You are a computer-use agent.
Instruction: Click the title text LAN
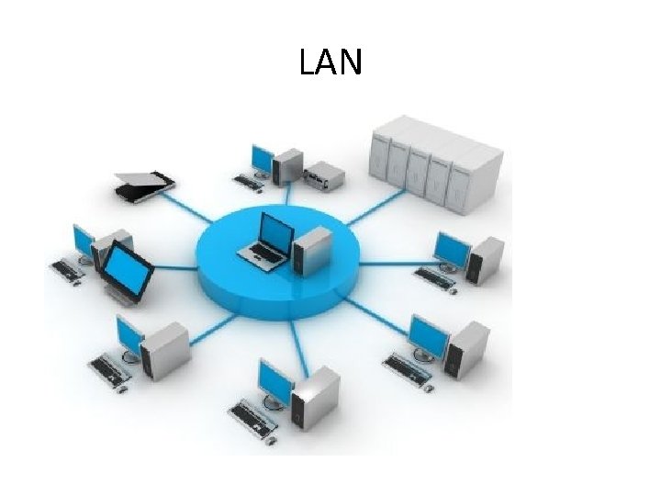pyautogui.click(x=330, y=62)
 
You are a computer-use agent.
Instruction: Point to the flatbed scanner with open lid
pyautogui.click(x=143, y=184)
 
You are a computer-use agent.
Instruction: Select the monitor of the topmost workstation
pyautogui.click(x=262, y=161)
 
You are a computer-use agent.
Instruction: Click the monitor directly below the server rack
pyautogui.click(x=451, y=249)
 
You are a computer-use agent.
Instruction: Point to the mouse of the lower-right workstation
pyautogui.click(x=428, y=386)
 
